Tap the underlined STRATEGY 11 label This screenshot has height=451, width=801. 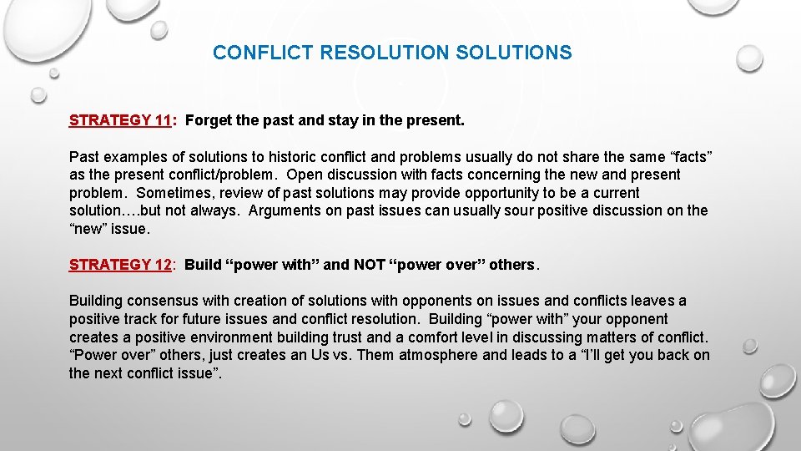tap(120, 120)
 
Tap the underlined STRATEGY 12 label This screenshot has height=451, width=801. tap(120, 265)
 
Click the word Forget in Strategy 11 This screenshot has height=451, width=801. tap(209, 120)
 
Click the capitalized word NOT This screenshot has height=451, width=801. tap(369, 265)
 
